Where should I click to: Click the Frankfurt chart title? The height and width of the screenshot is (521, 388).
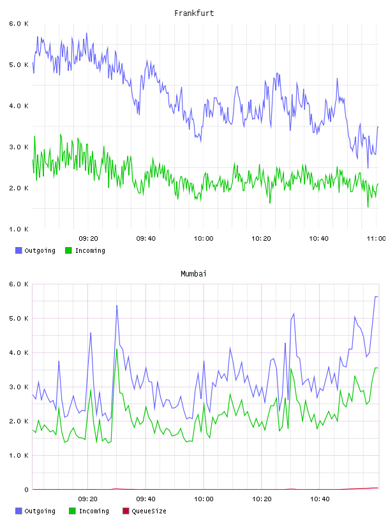tap(194, 13)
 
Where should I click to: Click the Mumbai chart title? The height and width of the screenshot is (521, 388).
tap(193, 274)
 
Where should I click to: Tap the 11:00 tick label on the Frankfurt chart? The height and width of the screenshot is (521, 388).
tap(376, 239)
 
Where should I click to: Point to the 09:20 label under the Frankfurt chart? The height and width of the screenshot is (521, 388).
tap(88, 239)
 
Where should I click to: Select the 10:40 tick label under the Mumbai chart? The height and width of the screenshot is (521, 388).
tap(320, 499)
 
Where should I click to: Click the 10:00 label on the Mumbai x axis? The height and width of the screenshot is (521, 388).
tap(204, 499)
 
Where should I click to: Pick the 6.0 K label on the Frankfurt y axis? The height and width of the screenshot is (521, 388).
tap(19, 24)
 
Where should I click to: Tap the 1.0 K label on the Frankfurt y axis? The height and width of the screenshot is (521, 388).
tap(19, 229)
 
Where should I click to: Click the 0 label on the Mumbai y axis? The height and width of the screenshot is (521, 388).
tap(26, 490)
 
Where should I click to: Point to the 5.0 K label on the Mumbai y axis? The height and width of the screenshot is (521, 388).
tap(19, 319)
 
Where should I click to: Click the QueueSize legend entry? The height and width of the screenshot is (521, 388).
tap(144, 511)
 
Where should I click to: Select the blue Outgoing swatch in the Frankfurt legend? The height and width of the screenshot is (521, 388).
tap(19, 250)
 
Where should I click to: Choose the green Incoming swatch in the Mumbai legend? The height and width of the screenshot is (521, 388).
tap(72, 511)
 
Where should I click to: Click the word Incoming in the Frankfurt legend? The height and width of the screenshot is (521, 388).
tap(90, 250)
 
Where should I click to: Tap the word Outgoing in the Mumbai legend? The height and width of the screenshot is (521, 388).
tap(40, 511)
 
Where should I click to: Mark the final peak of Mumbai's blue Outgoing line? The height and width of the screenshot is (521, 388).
tap(377, 296)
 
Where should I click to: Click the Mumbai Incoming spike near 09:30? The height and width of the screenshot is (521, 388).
tap(117, 349)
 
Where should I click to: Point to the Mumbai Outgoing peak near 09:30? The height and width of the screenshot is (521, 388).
tap(117, 305)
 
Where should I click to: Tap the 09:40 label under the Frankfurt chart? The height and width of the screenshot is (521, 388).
tap(146, 239)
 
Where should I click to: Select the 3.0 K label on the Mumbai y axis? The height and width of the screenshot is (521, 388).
tap(19, 387)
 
